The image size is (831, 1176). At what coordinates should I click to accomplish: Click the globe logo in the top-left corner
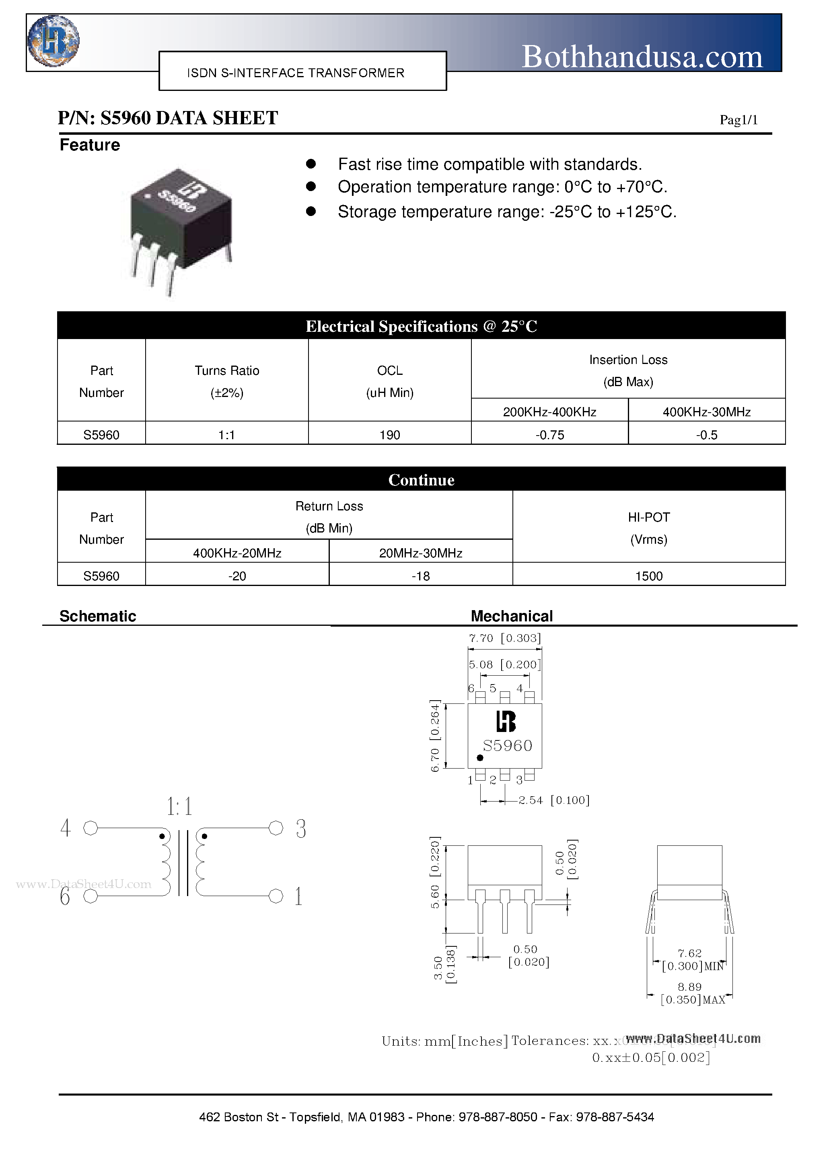[53, 41]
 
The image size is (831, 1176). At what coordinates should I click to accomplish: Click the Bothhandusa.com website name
[642, 56]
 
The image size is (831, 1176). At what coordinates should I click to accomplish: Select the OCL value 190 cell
[389, 435]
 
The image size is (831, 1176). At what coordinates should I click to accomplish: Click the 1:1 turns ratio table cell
[226, 435]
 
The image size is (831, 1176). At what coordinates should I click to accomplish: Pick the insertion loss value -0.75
[550, 435]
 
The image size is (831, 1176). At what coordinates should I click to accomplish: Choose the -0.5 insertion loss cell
[706, 435]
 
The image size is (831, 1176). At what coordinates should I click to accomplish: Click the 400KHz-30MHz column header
[706, 412]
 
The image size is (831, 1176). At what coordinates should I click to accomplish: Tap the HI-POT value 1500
[649, 576]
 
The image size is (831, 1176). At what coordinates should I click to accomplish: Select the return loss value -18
[421, 576]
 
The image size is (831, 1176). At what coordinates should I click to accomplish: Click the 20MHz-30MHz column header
[421, 553]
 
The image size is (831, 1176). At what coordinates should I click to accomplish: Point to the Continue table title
[421, 480]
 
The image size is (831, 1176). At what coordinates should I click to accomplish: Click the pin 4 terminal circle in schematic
[91, 828]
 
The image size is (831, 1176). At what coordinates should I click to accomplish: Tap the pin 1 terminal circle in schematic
[276, 896]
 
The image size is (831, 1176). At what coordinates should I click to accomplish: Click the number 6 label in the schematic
[65, 896]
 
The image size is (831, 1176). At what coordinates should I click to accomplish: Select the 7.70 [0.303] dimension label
[505, 638]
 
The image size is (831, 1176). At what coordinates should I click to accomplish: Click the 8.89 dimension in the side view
[689, 987]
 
